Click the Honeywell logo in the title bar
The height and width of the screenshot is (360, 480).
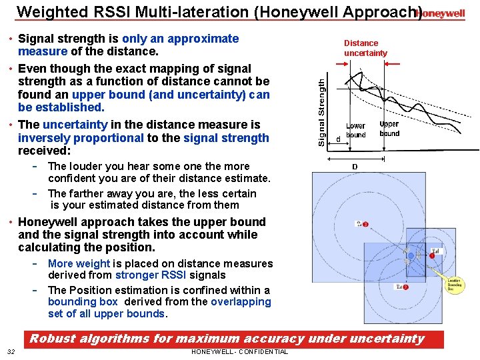tap(440, 13)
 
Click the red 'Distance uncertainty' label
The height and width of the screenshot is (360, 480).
tap(365, 48)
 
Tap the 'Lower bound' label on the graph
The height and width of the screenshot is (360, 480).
tap(355, 130)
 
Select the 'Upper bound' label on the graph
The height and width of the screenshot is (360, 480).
tap(389, 129)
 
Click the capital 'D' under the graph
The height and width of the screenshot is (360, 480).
tap(355, 166)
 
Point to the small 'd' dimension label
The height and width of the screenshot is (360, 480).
tap(338, 139)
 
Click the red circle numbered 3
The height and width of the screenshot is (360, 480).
tap(365, 224)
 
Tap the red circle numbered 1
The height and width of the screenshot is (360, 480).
tap(432, 255)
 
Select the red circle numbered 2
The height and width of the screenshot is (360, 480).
tap(405, 287)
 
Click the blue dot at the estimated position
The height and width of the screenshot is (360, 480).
tap(411, 255)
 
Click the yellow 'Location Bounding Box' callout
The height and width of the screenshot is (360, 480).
tap(454, 285)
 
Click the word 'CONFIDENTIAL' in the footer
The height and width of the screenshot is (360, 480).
tap(263, 352)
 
